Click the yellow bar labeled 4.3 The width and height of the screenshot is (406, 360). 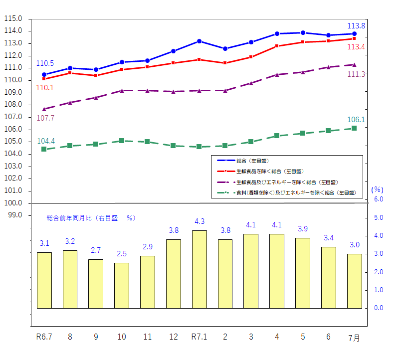[x=199, y=269]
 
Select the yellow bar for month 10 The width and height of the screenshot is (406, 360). [x=122, y=285]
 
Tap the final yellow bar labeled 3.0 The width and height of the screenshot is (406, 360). [x=354, y=281]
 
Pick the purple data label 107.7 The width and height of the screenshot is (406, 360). [x=45, y=118]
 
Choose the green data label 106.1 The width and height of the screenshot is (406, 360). [x=356, y=120]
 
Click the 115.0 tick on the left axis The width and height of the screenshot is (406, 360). [x=13, y=18]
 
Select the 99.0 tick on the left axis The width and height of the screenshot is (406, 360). [x=14, y=215]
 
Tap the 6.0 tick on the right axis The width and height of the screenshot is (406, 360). [x=379, y=199]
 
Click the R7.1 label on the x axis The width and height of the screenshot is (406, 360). [x=199, y=337]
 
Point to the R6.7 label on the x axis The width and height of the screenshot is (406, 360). [x=44, y=337]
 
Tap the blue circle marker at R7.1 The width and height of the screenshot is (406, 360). [x=199, y=41]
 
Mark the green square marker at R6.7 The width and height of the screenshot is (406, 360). [x=44, y=149]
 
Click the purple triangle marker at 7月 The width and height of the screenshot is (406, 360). [x=354, y=64]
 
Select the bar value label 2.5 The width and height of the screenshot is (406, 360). [x=122, y=254]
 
